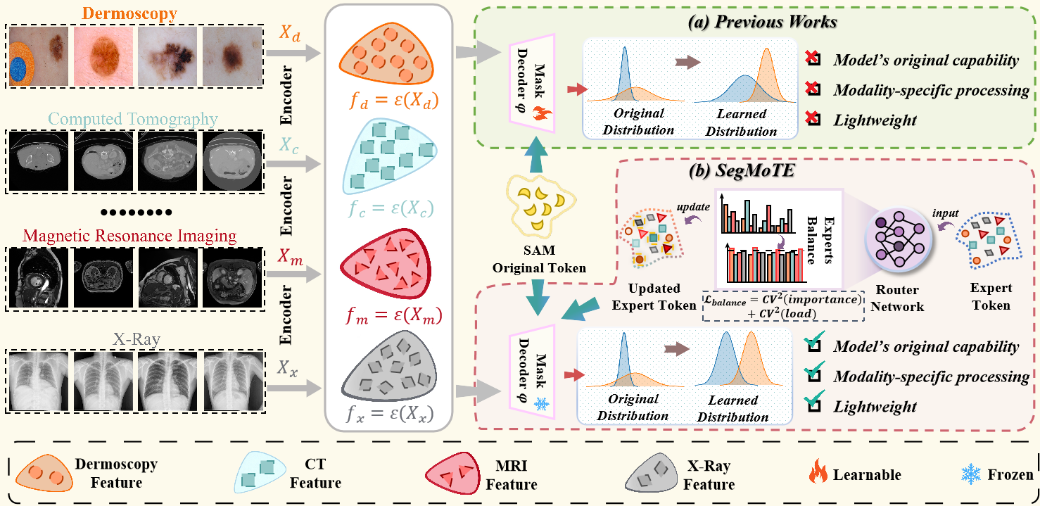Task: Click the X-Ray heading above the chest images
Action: (138, 341)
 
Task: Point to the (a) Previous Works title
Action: (763, 21)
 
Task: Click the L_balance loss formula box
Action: (784, 308)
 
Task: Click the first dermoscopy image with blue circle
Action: (38, 57)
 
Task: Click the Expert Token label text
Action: (991, 296)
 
